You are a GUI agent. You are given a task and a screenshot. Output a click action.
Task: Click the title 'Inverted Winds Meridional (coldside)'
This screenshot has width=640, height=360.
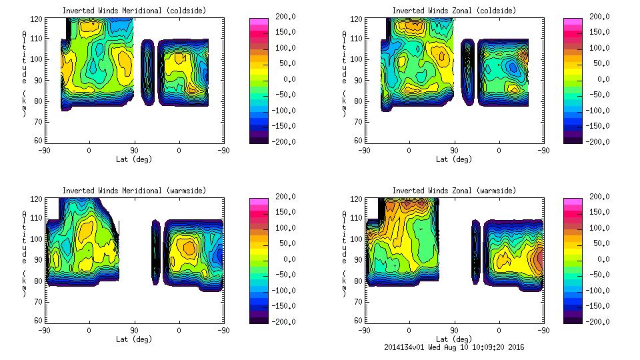(134, 11)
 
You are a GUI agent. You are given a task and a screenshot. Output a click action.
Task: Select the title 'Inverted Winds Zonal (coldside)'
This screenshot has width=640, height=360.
(454, 11)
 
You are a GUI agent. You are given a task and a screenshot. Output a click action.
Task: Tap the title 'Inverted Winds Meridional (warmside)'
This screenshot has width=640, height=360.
(134, 191)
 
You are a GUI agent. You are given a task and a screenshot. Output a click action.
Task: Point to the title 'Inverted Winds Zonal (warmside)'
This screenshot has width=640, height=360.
(454, 191)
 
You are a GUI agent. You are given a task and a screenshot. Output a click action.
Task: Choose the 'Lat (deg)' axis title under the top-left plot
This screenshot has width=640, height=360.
(134, 159)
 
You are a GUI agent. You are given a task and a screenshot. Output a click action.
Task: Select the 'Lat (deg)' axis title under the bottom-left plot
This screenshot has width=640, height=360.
(134, 339)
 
